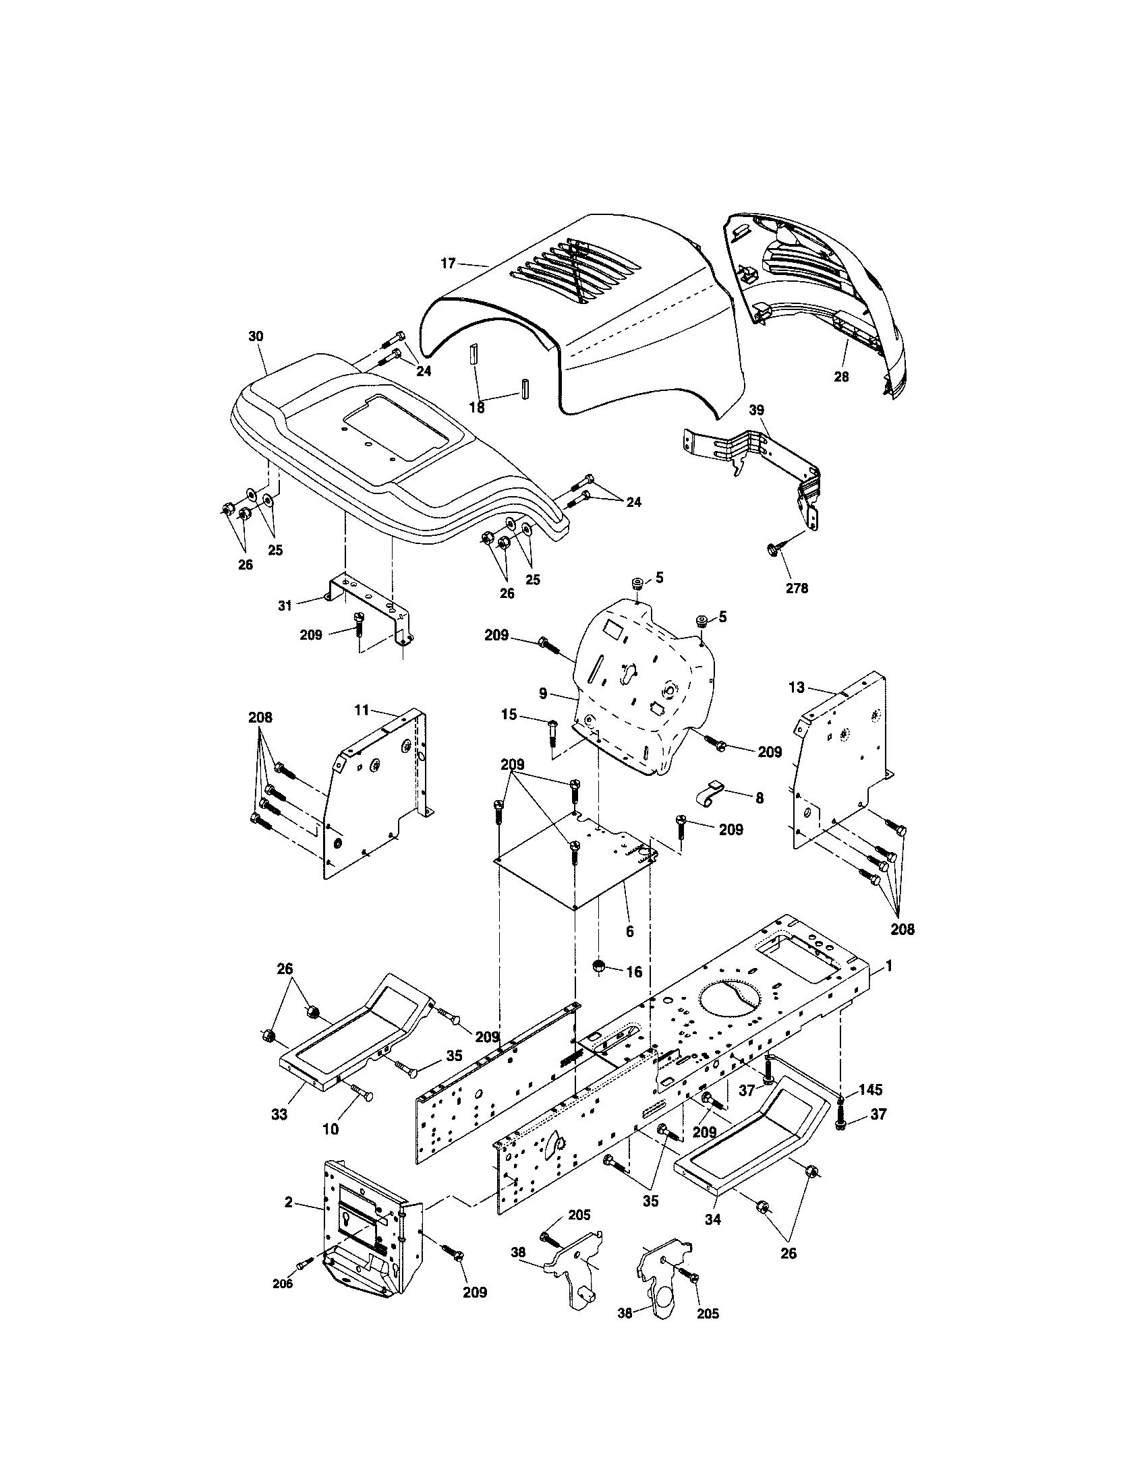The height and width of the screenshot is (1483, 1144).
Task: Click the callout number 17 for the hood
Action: point(448,264)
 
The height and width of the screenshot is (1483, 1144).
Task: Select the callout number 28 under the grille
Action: point(841,376)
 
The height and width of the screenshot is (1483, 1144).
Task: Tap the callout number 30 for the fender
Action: point(256,336)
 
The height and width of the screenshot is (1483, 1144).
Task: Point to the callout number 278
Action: point(797,588)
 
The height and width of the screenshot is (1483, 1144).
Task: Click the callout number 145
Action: point(870,1090)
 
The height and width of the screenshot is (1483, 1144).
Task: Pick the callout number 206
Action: point(283,1283)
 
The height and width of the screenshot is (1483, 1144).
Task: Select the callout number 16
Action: point(633,972)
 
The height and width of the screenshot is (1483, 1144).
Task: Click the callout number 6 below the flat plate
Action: point(630,932)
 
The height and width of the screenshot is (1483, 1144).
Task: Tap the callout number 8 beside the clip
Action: point(759,798)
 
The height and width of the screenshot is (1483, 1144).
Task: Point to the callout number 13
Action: point(796,687)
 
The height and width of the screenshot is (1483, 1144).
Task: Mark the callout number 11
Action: point(362,710)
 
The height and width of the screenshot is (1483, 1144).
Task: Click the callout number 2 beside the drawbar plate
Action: point(289,1203)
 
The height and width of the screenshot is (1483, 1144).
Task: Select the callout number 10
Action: point(330,1129)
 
